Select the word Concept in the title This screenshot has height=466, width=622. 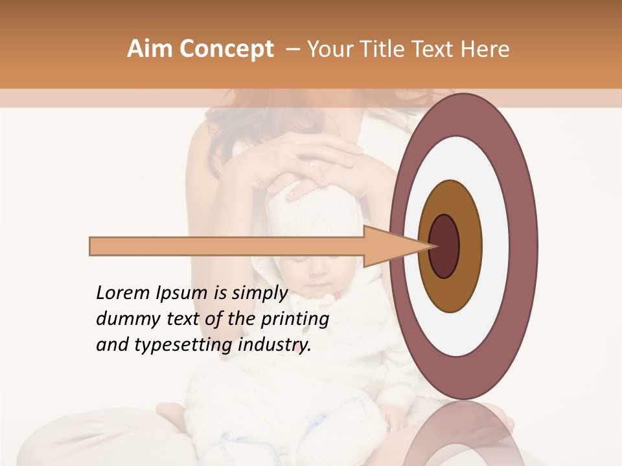(x=226, y=50)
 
